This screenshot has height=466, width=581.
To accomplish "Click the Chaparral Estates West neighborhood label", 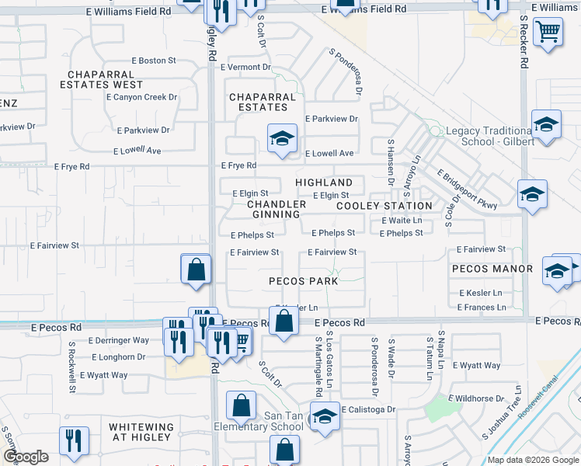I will [105, 78].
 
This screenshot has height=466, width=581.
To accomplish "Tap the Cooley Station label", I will [384, 206].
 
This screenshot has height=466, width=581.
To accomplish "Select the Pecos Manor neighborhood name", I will [492, 269].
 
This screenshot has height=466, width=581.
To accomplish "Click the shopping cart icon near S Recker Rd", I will [548, 33].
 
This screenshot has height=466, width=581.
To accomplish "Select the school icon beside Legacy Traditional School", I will [546, 124].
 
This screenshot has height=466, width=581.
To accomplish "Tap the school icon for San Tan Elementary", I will [325, 415].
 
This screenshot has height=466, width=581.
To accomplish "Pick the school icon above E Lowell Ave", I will [282, 138].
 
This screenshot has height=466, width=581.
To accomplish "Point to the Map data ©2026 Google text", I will [532, 460].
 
